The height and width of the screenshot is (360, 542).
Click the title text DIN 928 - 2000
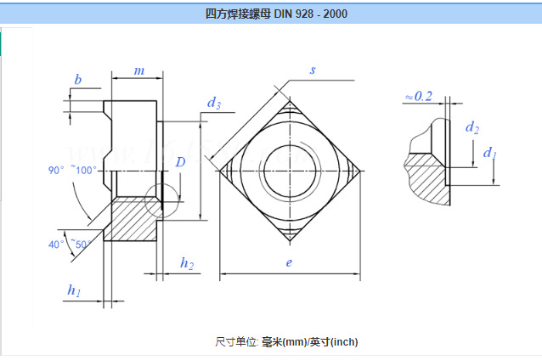point(276,14)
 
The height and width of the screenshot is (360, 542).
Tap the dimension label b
point(78,80)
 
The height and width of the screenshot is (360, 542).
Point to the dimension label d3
point(214,104)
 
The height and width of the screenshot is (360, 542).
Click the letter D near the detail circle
point(180,162)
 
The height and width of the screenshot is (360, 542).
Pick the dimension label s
point(313,70)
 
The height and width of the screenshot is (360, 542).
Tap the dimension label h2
point(186,263)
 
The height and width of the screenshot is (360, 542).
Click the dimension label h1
point(75,290)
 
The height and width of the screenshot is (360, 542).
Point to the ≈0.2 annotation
point(418,96)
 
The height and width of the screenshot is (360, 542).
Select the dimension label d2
point(472,128)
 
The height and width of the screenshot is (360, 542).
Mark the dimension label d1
point(489,153)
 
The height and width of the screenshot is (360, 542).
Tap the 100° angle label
point(86,170)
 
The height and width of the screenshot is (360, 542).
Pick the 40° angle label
point(56,245)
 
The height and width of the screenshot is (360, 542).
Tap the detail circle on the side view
point(161,200)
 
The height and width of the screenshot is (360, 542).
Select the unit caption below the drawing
point(286,341)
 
